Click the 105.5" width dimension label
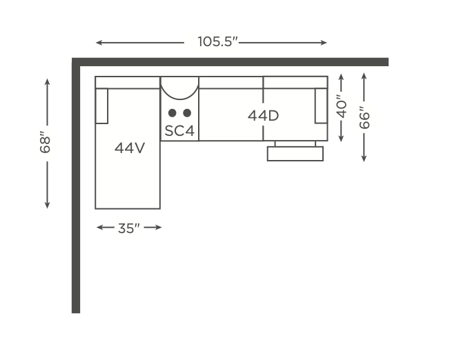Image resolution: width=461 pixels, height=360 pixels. (x=217, y=41)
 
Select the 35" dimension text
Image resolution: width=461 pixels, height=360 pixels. (x=129, y=228)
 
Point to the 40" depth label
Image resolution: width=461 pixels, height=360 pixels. (x=342, y=106)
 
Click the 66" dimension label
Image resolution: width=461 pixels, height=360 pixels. (x=364, y=118)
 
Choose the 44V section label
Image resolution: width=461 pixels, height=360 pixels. (x=130, y=148)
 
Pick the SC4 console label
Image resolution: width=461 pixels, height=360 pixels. (x=179, y=131)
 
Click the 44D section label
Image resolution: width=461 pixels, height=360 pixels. (x=263, y=115)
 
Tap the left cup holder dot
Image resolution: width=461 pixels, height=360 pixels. (x=173, y=113)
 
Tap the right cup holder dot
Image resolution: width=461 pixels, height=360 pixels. (x=187, y=113)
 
